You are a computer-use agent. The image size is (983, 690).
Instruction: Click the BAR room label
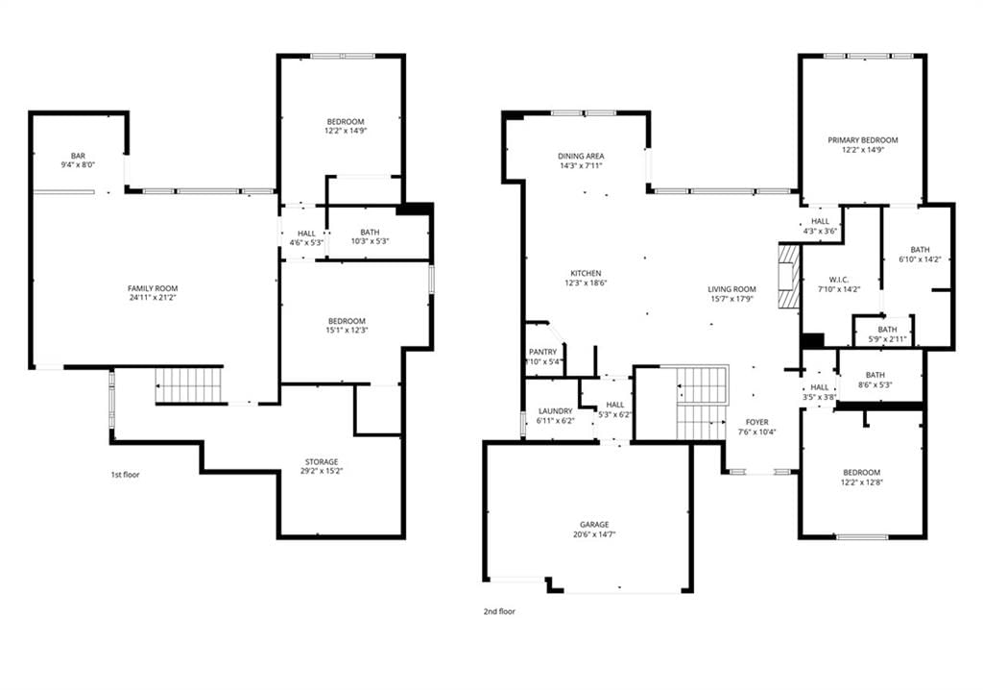click(x=78, y=156)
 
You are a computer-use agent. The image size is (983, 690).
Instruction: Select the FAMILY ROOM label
click(x=153, y=289)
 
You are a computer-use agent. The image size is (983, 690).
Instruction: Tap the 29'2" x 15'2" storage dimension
click(x=322, y=471)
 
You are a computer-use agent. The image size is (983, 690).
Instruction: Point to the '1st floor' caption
click(x=126, y=475)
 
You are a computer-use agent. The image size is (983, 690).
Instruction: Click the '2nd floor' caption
click(x=499, y=611)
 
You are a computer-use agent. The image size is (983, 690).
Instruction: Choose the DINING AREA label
click(x=581, y=157)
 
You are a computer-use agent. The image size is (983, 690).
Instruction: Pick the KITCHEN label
click(x=586, y=273)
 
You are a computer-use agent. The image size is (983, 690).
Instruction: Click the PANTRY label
click(x=543, y=353)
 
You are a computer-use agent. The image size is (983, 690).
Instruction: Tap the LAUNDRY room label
click(x=556, y=411)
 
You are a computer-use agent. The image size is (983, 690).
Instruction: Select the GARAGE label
click(x=594, y=525)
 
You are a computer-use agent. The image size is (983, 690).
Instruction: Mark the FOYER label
click(x=757, y=423)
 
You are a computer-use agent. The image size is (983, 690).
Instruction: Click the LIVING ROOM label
click(x=732, y=289)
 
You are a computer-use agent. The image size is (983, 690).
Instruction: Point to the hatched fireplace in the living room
click(x=789, y=276)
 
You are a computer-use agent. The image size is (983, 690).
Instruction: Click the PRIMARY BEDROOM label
click(x=863, y=140)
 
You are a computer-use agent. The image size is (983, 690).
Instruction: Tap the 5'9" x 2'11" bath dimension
click(x=887, y=339)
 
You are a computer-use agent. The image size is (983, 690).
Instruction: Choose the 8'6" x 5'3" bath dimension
click(x=875, y=384)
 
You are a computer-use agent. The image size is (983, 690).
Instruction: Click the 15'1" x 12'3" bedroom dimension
click(x=347, y=331)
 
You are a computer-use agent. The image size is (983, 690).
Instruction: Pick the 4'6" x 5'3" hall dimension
click(x=306, y=242)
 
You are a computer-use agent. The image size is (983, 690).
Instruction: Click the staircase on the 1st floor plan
click(x=189, y=384)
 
